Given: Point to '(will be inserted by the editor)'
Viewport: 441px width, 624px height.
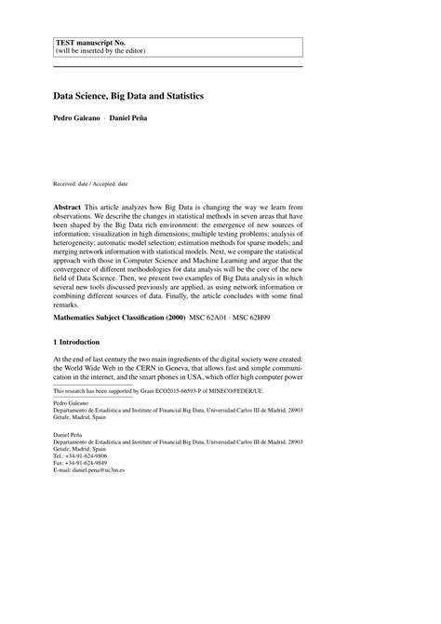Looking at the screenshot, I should tap(99, 52).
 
